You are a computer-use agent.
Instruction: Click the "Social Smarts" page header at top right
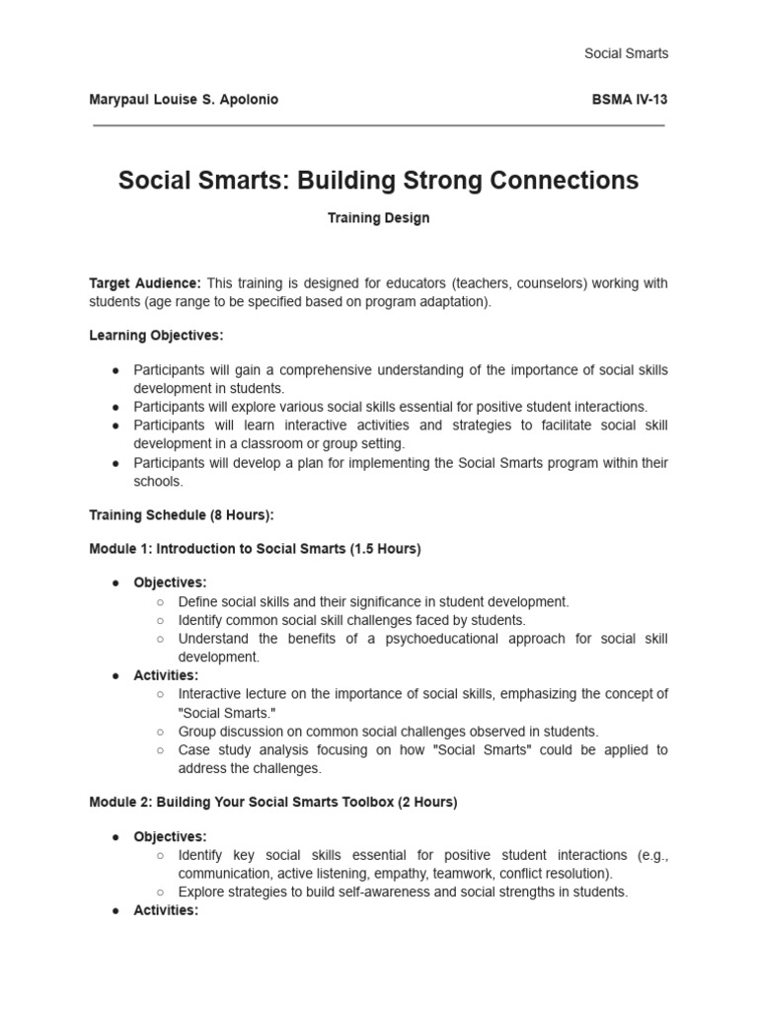click(626, 53)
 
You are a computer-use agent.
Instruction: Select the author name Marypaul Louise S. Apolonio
click(184, 100)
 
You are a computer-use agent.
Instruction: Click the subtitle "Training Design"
click(379, 218)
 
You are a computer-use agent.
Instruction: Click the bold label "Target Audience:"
click(145, 283)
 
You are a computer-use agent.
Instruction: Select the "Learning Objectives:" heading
click(156, 336)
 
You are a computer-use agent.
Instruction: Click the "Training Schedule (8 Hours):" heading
click(182, 514)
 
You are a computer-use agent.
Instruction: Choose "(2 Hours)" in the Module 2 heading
click(427, 803)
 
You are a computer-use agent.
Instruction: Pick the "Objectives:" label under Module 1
click(170, 583)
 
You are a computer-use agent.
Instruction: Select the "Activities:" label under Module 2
click(166, 910)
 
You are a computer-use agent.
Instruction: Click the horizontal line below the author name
click(379, 126)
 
